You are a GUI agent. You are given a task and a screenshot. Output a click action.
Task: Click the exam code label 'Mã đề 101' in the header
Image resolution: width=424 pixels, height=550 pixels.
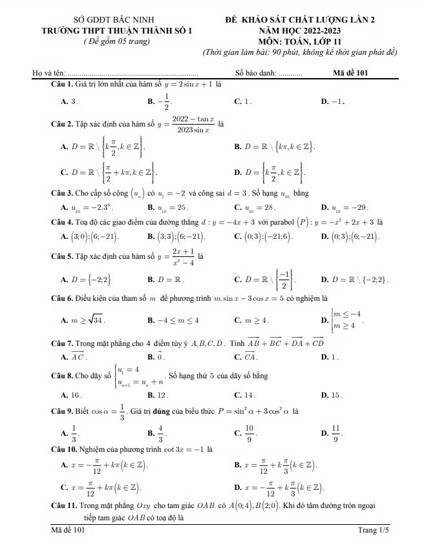pyautogui.click(x=350, y=72)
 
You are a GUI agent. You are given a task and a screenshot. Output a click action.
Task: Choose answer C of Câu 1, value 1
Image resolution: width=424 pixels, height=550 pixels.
pyautogui.click(x=243, y=101)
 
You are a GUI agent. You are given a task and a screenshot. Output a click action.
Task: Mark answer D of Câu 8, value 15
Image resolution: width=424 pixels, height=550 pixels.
pyautogui.click(x=331, y=394)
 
